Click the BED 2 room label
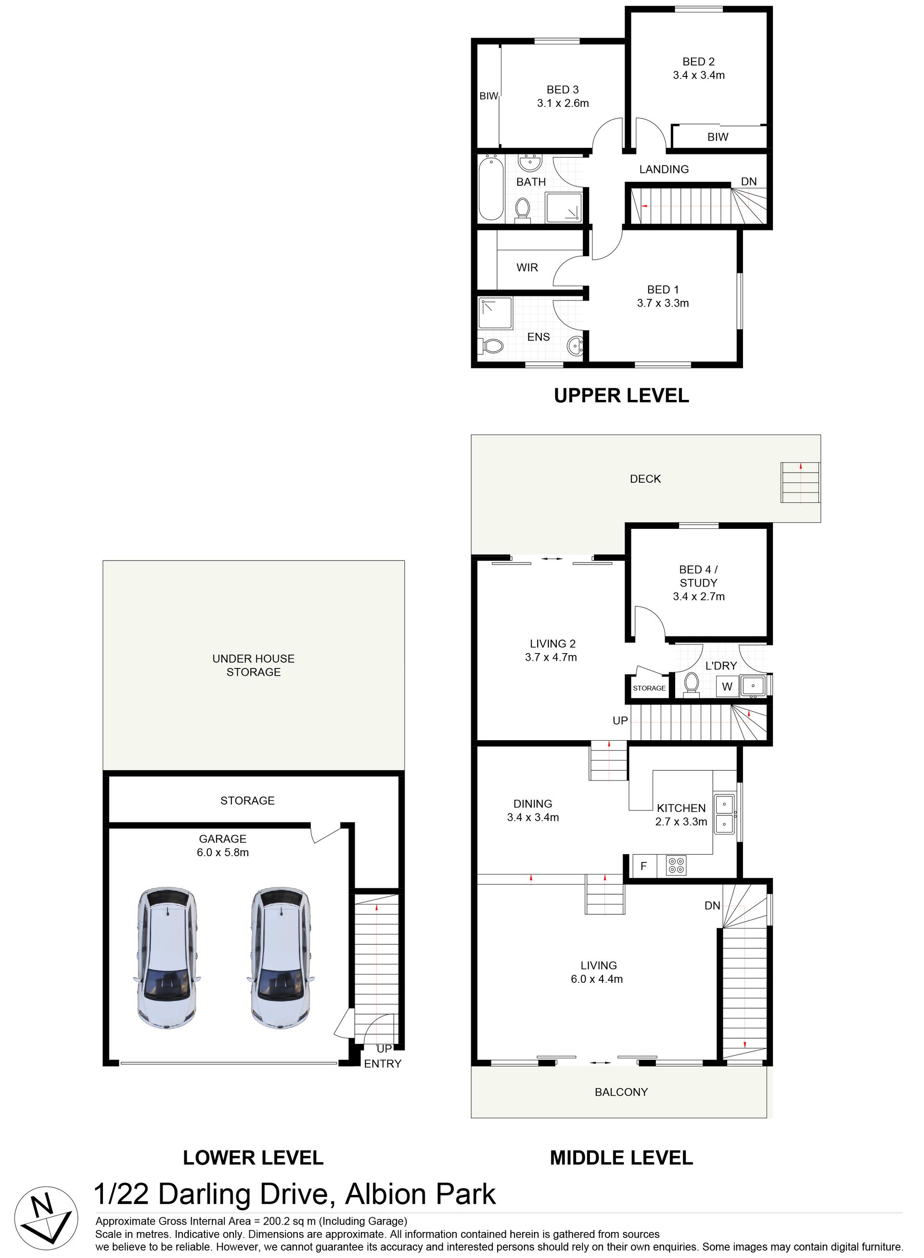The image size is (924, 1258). [x=699, y=62]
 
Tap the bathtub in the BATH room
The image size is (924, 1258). [x=492, y=188]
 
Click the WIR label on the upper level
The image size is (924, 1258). [x=527, y=268]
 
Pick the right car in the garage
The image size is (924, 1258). [x=280, y=958]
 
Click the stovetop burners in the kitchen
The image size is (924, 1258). [x=676, y=866]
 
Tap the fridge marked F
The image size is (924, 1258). [x=644, y=866]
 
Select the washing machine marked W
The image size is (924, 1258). [x=727, y=686]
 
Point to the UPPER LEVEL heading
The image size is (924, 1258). [x=621, y=396]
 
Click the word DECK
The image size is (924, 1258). [x=645, y=479]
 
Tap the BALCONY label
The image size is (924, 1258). [x=621, y=1092]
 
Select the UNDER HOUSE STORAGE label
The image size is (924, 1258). [x=253, y=665]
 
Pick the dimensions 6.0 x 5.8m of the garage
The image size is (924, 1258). [x=223, y=852]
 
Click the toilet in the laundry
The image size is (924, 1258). [x=692, y=685]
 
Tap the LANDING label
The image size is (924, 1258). [x=664, y=169]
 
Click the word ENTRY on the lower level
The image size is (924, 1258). [x=383, y=1064]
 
